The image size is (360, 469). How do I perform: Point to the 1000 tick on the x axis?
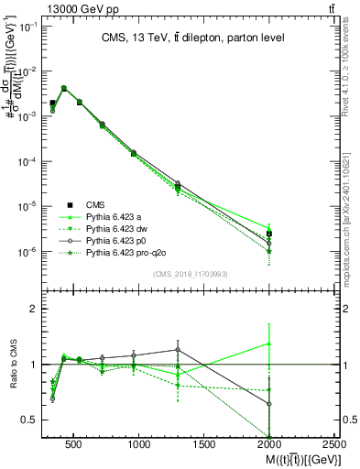pyautogui.click(x=139, y=442)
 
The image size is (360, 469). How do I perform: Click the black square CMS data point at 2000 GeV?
pyautogui.click(x=269, y=234)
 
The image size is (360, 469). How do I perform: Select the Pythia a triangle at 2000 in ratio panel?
pyautogui.click(x=269, y=344)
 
